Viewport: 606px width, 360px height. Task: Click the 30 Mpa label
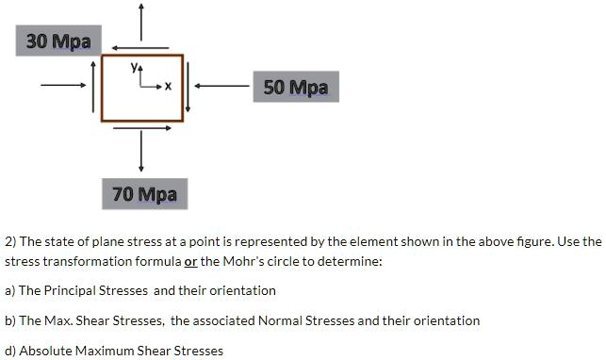58,41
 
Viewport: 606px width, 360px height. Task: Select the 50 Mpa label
296,88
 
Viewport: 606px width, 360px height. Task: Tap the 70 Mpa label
144,195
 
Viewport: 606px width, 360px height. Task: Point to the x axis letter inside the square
168,88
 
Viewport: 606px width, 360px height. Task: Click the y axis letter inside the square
137,69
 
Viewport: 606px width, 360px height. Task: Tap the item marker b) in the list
10,320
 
